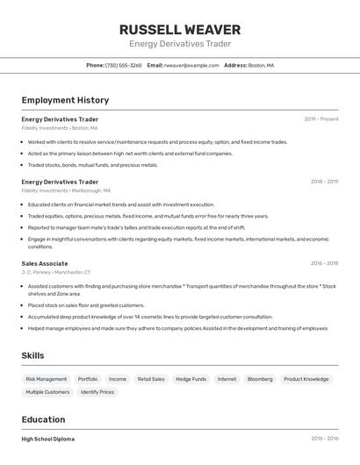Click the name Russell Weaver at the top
pos(180,30)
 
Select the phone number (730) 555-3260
pos(124,66)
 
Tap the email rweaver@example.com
pos(191,66)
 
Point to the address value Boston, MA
pos(262,66)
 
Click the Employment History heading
pos(65,101)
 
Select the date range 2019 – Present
pos(320,119)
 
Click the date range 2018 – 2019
pos(324,182)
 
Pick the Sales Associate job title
pos(45,263)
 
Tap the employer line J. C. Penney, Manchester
pos(56,273)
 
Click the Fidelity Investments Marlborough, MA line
pos(66,190)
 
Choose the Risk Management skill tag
pos(47,379)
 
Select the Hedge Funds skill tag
pos(191,379)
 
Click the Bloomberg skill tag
pos(260,379)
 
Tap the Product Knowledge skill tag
pos(306,379)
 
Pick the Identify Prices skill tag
pos(97,392)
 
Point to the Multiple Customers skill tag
pos(47,392)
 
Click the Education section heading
pos(44,419)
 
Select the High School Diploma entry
pos(48,439)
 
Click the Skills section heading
pos(33,355)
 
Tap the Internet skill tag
pos(227,379)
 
